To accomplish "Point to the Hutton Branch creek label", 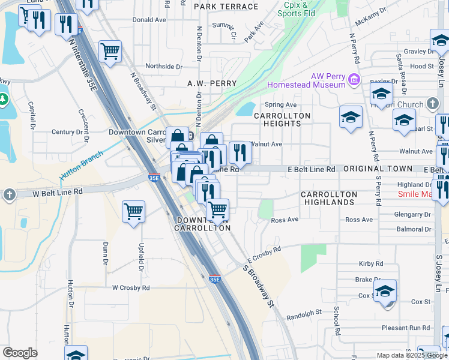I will [82, 164].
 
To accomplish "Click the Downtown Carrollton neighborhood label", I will [202, 223].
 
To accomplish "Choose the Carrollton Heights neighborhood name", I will [282, 119].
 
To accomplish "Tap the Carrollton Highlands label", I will [328, 199].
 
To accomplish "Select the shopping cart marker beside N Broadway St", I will [110, 53].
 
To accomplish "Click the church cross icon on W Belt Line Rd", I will [8, 194].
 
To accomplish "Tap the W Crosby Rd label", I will [130, 288].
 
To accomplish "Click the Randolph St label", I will [304, 313].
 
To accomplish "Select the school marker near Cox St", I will [385, 292].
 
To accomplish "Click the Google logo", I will [20, 353].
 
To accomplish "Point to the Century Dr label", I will [67, 132].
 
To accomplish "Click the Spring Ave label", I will [285, 105].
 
